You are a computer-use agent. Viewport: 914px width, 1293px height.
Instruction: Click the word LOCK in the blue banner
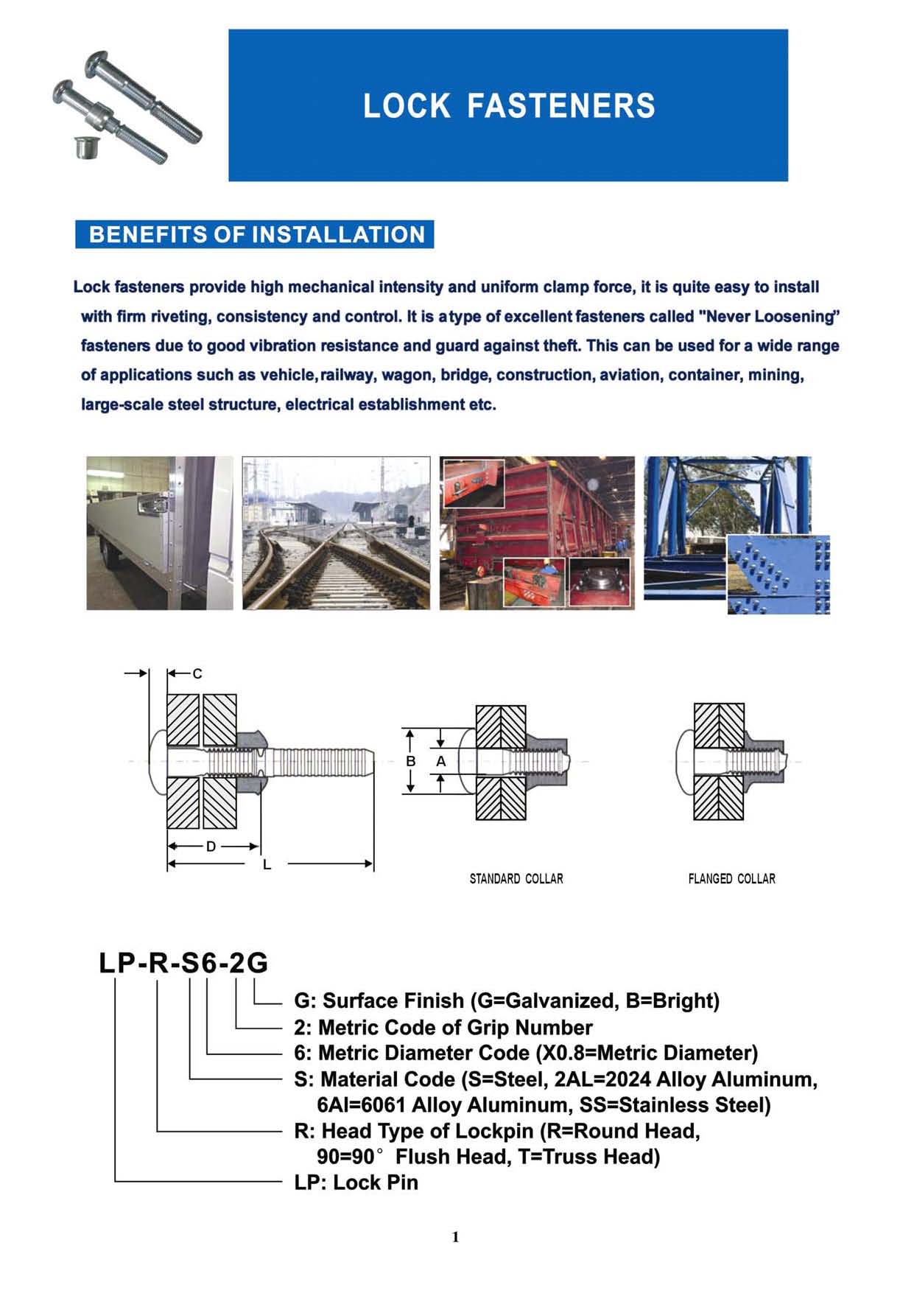pyautogui.click(x=406, y=106)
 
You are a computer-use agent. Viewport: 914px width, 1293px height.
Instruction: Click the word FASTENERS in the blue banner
pyautogui.click(x=560, y=106)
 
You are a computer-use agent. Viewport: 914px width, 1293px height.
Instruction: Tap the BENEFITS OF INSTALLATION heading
pyautogui.click(x=256, y=235)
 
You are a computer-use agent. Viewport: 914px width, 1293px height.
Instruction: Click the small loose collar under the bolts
pyautogui.click(x=85, y=147)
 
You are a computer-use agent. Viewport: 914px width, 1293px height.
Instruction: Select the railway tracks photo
pyautogui.click(x=336, y=533)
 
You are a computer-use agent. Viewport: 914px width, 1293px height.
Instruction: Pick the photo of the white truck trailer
pyautogui.click(x=159, y=533)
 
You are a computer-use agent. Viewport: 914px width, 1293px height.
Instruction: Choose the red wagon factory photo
pyautogui.click(x=537, y=533)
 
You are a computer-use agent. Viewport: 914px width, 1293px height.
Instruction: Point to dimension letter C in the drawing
pyautogui.click(x=197, y=673)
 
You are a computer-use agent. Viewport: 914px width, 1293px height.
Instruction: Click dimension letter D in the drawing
pyautogui.click(x=211, y=847)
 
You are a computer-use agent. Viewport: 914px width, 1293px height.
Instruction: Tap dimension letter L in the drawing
pyautogui.click(x=267, y=864)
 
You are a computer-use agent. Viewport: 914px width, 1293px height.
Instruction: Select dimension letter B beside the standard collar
pyautogui.click(x=411, y=761)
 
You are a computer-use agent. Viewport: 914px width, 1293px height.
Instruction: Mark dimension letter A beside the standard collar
pyautogui.click(x=440, y=761)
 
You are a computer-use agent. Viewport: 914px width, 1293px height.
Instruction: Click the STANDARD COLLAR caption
pyautogui.click(x=516, y=879)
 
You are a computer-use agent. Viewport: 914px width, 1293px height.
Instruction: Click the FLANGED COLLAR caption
pyautogui.click(x=731, y=879)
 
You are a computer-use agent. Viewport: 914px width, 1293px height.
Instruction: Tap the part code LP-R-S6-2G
pyautogui.click(x=184, y=963)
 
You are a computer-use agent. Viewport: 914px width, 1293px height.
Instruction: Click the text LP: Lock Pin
pyautogui.click(x=356, y=1182)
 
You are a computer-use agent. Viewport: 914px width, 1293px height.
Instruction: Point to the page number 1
pyautogui.click(x=456, y=1237)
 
